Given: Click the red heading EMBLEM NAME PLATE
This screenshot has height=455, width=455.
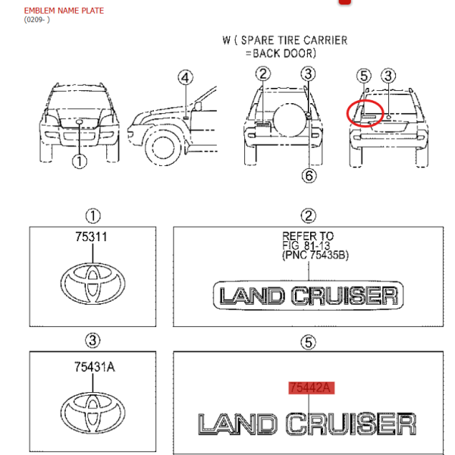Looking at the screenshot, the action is click(x=64, y=11).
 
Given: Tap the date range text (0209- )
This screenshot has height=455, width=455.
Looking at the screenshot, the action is click(x=37, y=20).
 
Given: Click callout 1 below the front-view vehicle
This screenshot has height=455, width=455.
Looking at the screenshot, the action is click(x=80, y=162).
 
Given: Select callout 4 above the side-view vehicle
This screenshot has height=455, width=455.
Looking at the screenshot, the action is click(x=186, y=78).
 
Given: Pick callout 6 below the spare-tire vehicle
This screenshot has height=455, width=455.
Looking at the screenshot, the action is click(x=309, y=176).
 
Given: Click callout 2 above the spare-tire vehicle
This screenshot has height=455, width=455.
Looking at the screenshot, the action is click(x=263, y=74).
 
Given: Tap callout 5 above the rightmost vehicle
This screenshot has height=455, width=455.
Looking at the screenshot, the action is click(x=364, y=76).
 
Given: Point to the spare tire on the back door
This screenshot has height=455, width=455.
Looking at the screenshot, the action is click(x=290, y=120).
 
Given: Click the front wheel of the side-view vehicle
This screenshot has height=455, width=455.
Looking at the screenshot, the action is click(x=163, y=147).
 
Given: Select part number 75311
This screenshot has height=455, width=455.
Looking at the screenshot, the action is click(x=91, y=237).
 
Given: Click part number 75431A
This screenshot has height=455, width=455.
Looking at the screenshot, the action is click(x=94, y=367).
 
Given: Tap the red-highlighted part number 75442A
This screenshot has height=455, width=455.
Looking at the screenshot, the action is click(x=312, y=388).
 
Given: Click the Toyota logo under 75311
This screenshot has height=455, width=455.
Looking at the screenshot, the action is click(x=93, y=284).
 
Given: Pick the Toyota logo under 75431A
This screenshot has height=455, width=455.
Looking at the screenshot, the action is click(x=93, y=413).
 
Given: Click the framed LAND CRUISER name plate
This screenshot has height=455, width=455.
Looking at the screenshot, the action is click(x=308, y=296).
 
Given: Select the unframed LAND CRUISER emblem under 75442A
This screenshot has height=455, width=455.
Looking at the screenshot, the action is click(x=307, y=424).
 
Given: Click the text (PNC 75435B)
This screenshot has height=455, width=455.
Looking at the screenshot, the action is click(x=315, y=255).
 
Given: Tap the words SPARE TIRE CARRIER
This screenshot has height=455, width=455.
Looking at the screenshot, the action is click(x=294, y=40).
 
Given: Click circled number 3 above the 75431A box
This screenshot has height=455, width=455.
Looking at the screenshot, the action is click(x=93, y=340).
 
